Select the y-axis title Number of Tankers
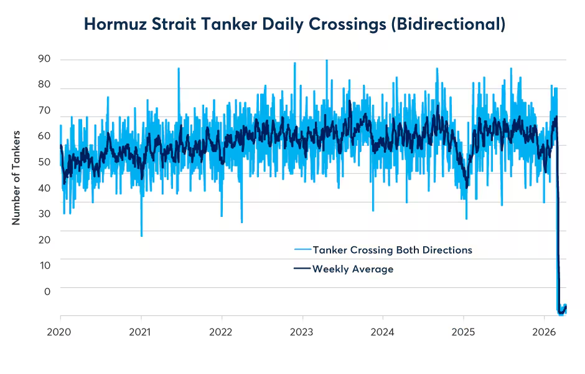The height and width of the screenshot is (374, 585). [x=17, y=178]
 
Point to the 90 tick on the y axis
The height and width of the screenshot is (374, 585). [x=44, y=60]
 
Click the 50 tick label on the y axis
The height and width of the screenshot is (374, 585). [x=44, y=162]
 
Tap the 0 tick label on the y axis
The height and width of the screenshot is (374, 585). [x=47, y=292]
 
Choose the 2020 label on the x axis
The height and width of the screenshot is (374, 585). [x=60, y=332]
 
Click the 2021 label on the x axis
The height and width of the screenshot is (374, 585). [x=141, y=332]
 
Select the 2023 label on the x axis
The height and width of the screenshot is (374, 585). [x=302, y=332]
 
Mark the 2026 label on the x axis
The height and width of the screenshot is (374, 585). [x=545, y=332]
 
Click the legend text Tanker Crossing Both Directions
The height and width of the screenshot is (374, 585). [x=392, y=250]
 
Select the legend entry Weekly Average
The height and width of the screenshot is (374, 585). [x=353, y=269]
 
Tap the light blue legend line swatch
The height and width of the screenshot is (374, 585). [x=302, y=250]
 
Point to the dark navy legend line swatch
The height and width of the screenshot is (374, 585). [x=302, y=269]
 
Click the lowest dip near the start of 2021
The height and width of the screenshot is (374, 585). [x=142, y=236]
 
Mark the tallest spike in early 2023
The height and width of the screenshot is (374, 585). [x=327, y=61]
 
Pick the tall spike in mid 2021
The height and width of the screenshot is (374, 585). [x=179, y=69]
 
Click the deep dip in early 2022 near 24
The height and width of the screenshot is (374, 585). [x=241, y=221]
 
